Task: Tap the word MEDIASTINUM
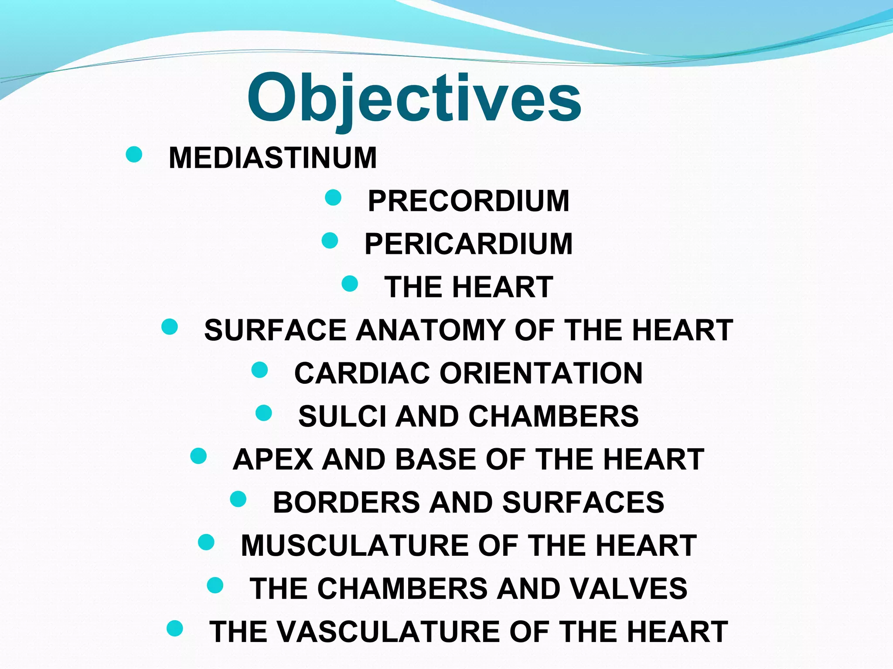coord(273,158)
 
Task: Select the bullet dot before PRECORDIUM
coord(333,197)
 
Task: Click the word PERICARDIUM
coord(469,244)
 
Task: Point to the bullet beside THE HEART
coord(350,284)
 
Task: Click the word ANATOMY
coord(430,330)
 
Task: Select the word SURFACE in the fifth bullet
coord(275,330)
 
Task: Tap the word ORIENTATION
coord(541,373)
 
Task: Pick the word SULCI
coord(342,416)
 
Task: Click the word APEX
coord(273,460)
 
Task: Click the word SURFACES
coord(583,503)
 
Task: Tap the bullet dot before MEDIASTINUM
coord(134,154)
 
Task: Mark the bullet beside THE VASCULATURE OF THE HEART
coord(175,628)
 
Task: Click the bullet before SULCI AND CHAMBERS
coord(264,412)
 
